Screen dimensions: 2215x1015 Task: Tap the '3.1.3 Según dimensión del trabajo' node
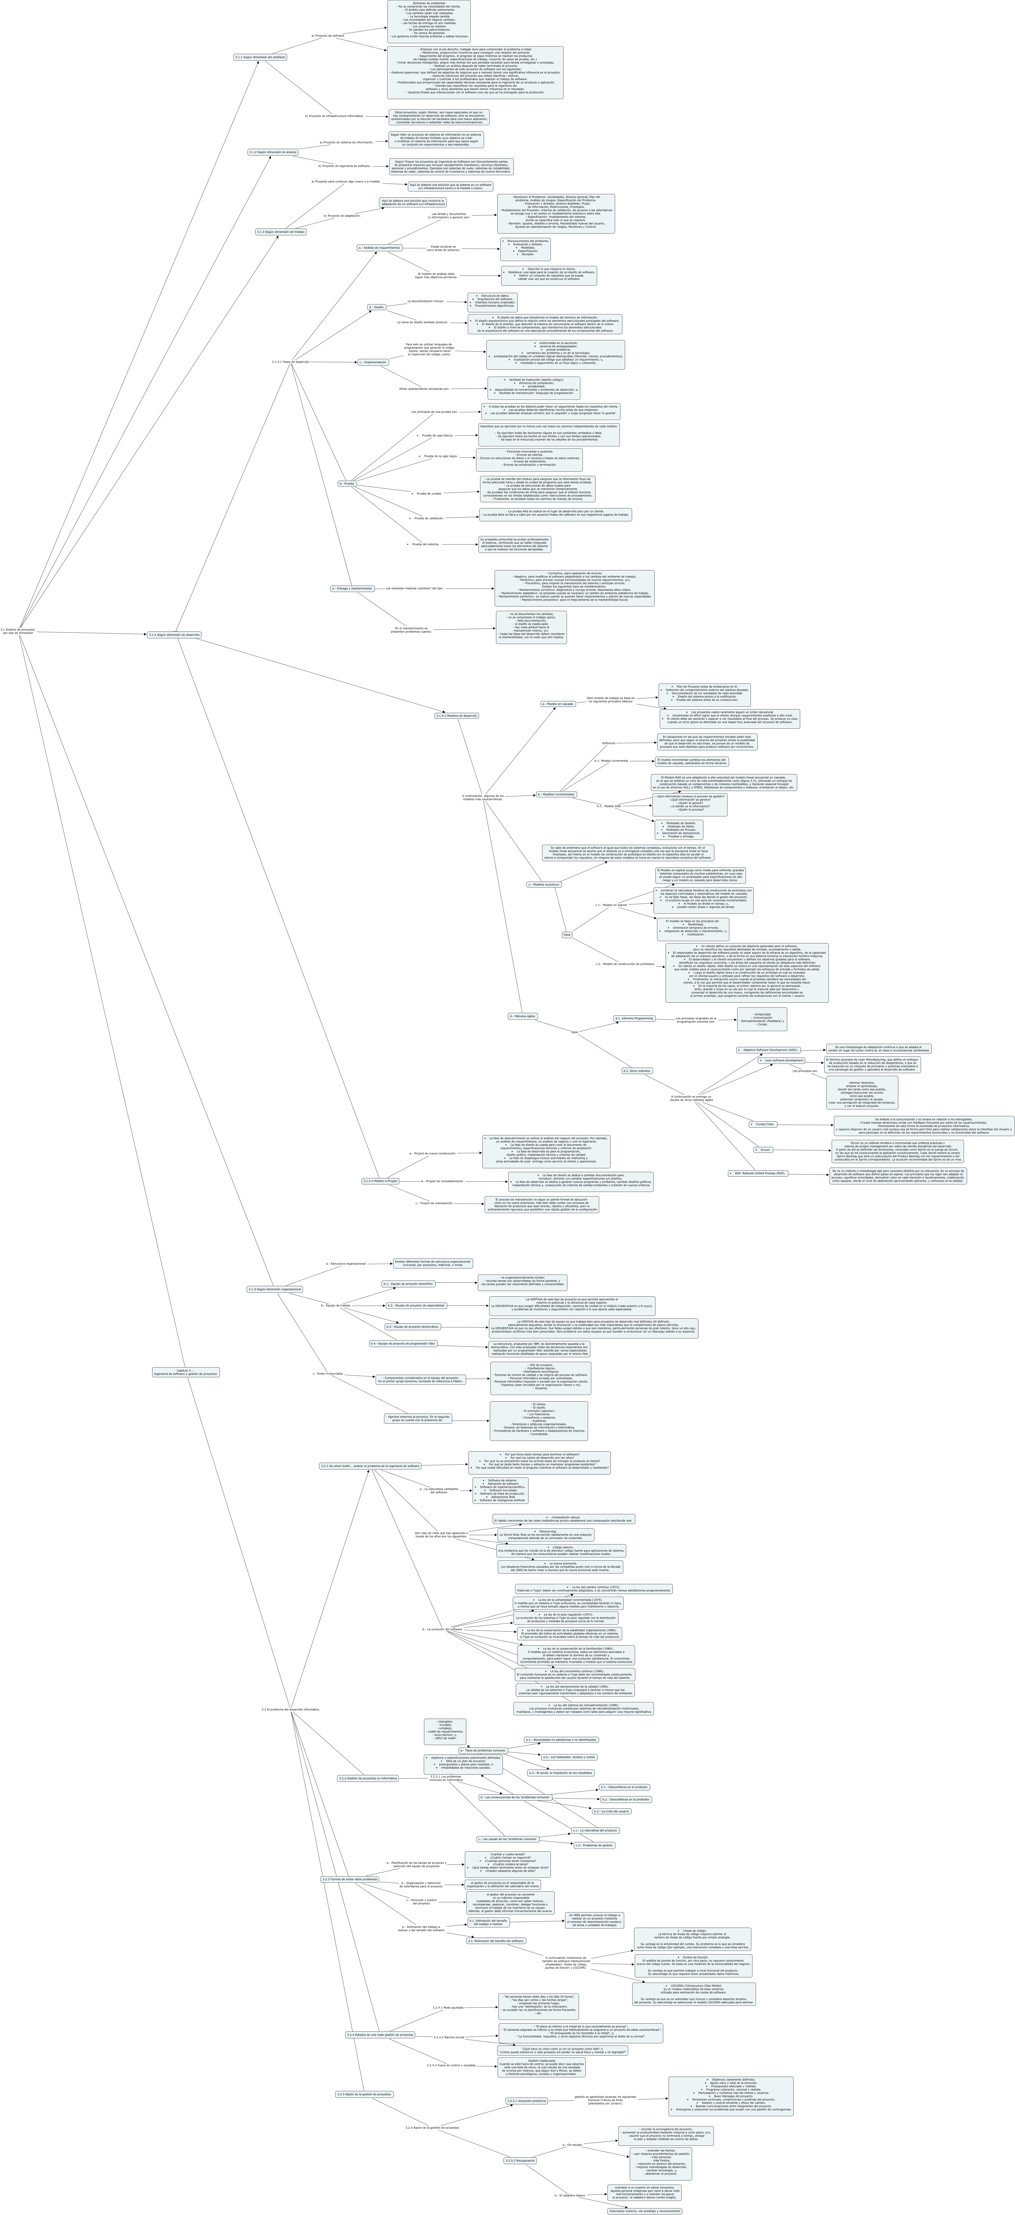[280, 232]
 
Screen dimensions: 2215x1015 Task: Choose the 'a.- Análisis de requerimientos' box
[379, 248]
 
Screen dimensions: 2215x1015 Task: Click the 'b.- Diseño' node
[376, 307]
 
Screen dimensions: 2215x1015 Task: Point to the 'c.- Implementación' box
[373, 363]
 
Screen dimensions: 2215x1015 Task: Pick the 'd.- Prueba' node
[346, 484]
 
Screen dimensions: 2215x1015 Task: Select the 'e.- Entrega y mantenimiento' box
[352, 589]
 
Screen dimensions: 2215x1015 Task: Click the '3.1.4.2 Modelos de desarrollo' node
[456, 715]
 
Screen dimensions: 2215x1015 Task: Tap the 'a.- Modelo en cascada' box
[558, 703]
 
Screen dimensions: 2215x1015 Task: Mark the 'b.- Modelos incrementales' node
[556, 795]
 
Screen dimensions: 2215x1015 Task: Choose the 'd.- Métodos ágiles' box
[522, 1016]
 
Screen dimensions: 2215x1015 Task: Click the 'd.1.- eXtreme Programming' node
[634, 1018]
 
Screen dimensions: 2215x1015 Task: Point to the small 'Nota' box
[567, 935]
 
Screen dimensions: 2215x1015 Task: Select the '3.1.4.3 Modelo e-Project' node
[380, 1181]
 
